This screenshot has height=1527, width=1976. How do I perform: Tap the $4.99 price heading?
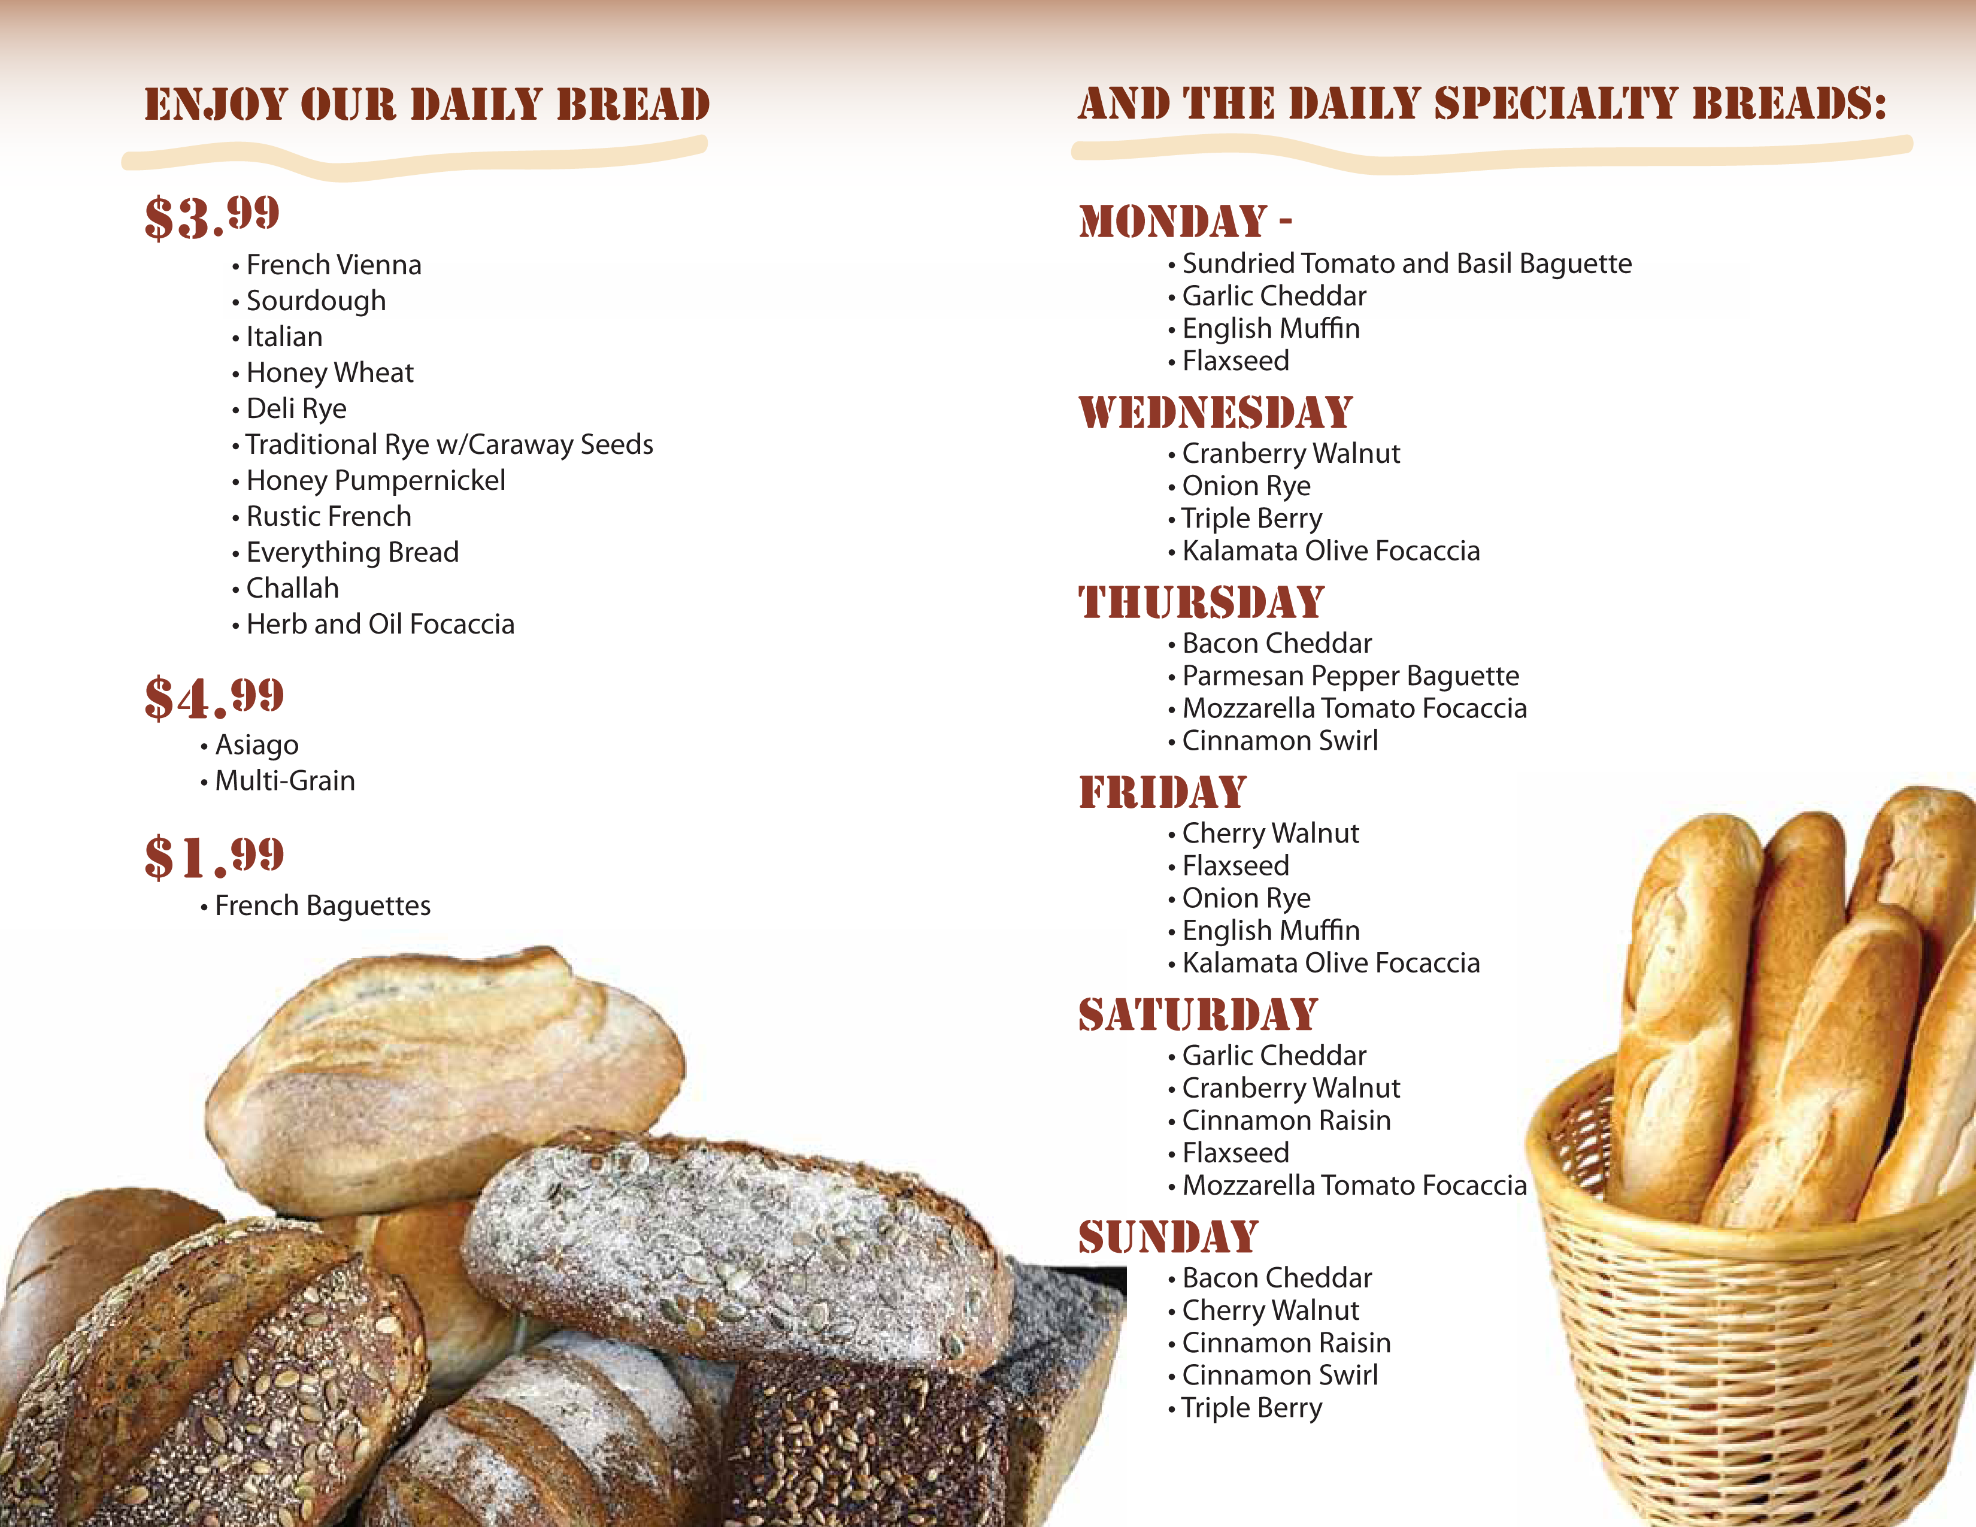[214, 698]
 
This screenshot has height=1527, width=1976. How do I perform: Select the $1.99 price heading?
[214, 857]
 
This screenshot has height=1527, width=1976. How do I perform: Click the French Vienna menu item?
[334, 265]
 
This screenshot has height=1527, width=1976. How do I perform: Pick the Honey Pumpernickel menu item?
[375, 480]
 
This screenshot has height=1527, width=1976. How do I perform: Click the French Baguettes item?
[323, 905]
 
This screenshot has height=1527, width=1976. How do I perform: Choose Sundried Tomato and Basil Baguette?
[1407, 263]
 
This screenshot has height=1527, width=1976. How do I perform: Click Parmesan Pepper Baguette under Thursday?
[1351, 675]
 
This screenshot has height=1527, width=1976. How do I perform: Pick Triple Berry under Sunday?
[1252, 1408]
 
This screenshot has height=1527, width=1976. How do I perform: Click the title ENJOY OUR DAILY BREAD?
[427, 104]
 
